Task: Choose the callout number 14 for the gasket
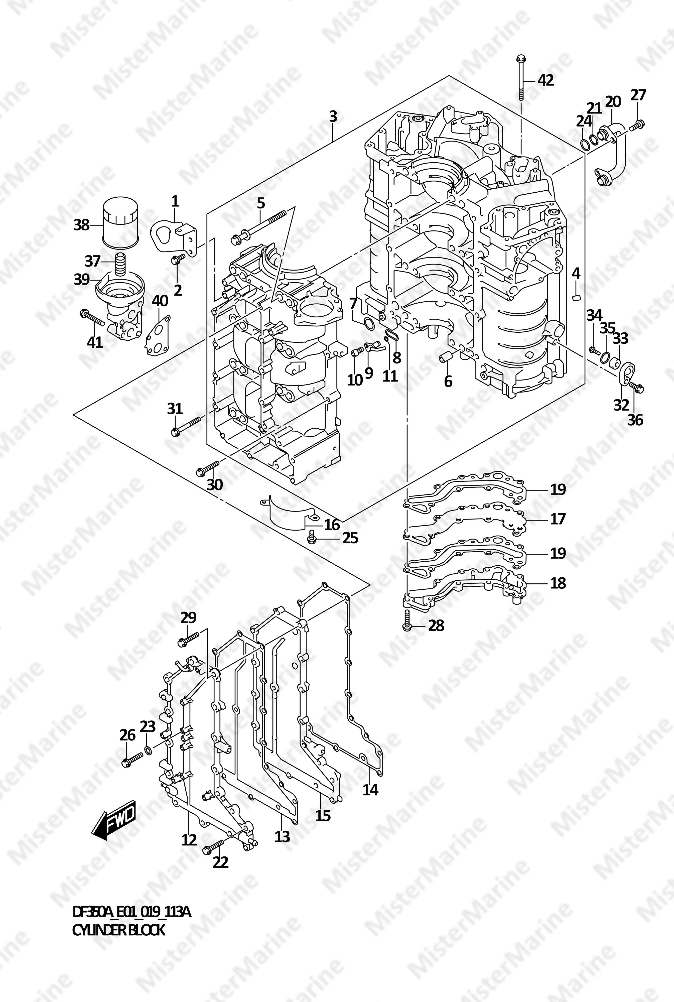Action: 370,789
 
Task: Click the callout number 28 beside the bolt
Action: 436,625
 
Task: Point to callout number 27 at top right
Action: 638,95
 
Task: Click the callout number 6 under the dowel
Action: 448,381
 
